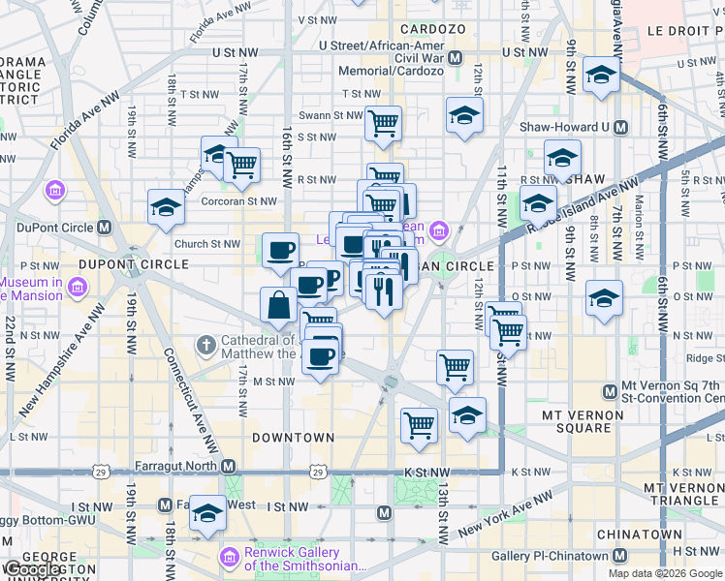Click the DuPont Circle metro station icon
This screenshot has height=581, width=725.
[104, 228]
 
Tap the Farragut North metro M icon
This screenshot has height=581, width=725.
[230, 466]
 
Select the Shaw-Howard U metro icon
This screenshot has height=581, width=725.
[619, 127]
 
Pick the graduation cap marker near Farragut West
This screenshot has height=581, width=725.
[207, 513]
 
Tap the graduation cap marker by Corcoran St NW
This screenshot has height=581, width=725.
[167, 206]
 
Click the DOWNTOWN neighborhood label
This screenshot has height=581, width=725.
[294, 438]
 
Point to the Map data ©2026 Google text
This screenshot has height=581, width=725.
[664, 573]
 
